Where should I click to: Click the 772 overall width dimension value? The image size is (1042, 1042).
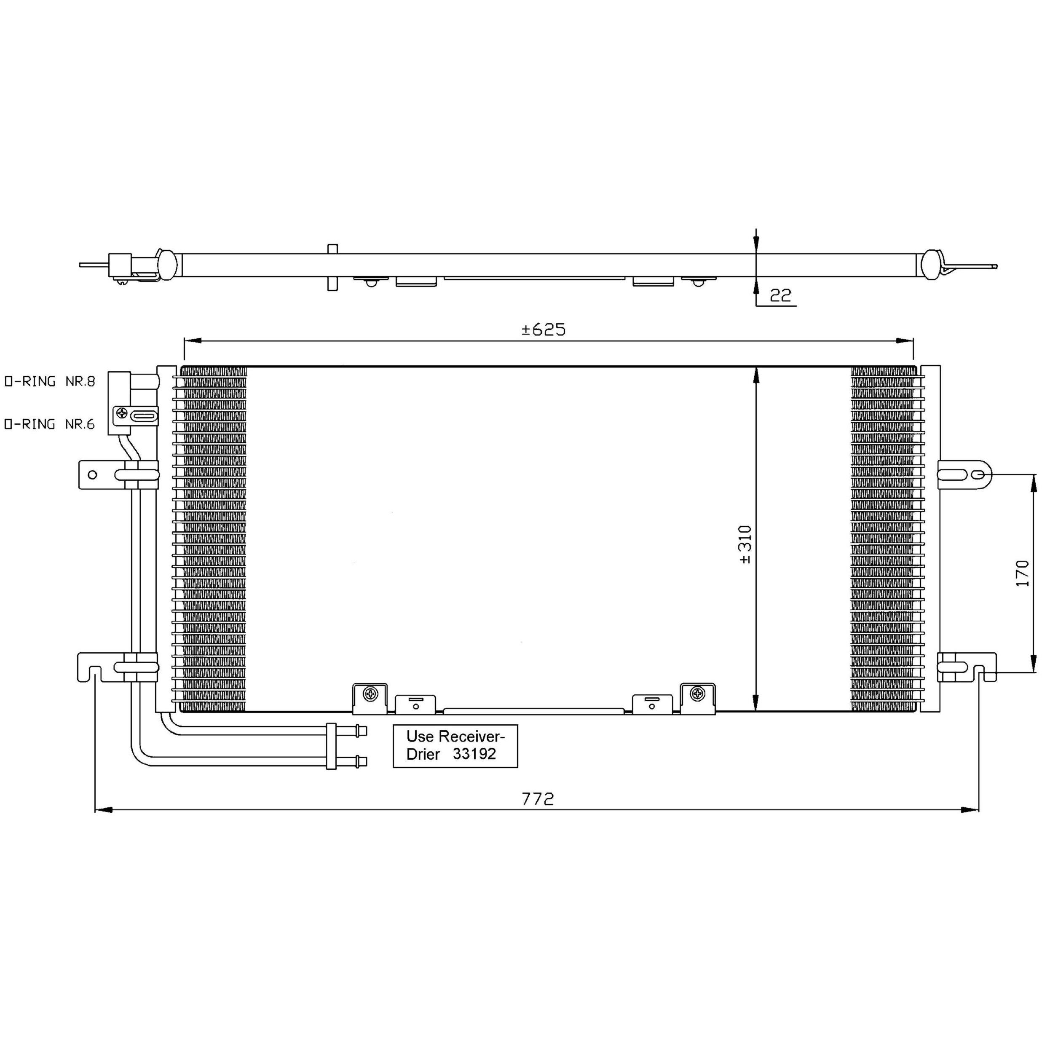click(538, 799)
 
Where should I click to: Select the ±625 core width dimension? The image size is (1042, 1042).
click(544, 329)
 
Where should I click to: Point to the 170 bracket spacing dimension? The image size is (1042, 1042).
click(1022, 573)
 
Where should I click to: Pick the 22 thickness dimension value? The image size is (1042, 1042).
click(780, 295)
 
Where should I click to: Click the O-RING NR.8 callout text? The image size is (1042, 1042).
click(50, 381)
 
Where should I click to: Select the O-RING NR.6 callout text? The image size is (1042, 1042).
click(50, 424)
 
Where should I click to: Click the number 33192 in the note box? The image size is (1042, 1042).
click(474, 754)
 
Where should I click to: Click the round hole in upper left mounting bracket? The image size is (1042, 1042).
click(92, 474)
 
